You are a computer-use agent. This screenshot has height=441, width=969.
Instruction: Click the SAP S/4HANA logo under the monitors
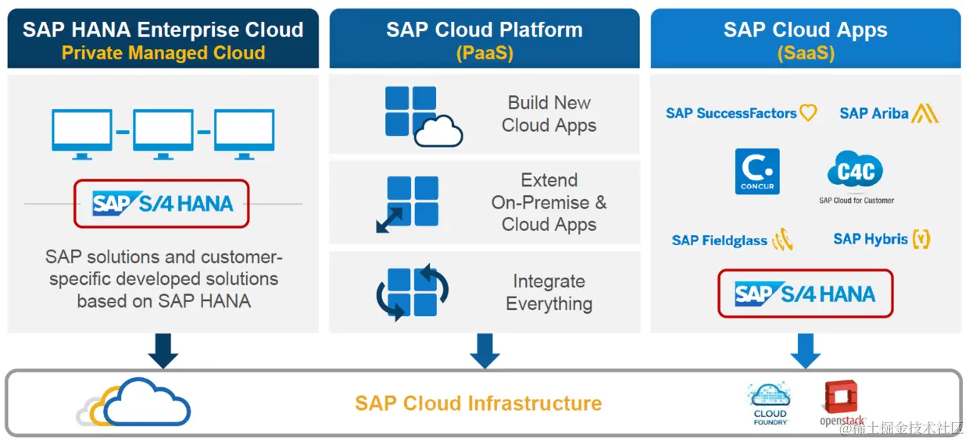[162, 204]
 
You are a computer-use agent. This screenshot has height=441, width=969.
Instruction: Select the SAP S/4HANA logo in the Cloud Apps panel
[805, 293]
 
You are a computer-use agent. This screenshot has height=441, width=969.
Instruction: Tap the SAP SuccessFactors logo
[741, 113]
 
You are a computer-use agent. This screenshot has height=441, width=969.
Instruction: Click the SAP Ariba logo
[889, 113]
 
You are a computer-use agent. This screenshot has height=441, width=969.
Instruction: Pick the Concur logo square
[757, 172]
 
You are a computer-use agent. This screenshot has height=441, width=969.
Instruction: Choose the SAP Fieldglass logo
[732, 240]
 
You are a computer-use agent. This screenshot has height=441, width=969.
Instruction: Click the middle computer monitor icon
[163, 133]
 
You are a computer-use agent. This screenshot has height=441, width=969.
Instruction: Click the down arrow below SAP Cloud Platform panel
[484, 351]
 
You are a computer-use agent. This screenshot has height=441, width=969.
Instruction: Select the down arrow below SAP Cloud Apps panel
[805, 351]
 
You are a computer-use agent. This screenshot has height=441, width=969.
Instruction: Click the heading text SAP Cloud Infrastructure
[478, 404]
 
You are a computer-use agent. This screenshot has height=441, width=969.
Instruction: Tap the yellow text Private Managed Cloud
[163, 53]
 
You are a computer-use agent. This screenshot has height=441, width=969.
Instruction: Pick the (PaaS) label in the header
[484, 53]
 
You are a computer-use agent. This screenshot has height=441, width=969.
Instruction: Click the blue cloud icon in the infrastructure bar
[146, 402]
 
